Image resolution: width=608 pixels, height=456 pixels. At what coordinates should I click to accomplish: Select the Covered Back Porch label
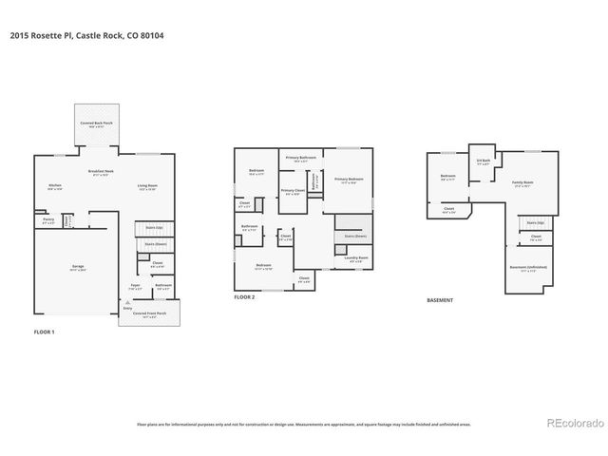pyautogui.click(x=96, y=124)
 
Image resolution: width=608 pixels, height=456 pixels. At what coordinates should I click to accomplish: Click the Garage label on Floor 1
pyautogui.click(x=78, y=268)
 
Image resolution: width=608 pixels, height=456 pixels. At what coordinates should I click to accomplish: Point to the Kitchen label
pyautogui.click(x=55, y=185)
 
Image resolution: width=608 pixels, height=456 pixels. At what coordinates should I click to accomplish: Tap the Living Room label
pyautogui.click(x=147, y=185)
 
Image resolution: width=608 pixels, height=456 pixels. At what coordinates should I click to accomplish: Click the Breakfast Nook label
pyautogui.click(x=101, y=172)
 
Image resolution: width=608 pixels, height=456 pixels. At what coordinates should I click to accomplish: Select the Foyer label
pyautogui.click(x=135, y=285)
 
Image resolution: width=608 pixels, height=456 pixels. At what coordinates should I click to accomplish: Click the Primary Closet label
pyautogui.click(x=293, y=191)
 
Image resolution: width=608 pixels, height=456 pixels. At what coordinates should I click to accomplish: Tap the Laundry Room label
pyautogui.click(x=357, y=257)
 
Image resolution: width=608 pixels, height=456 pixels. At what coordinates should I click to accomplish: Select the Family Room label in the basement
pyautogui.click(x=522, y=182)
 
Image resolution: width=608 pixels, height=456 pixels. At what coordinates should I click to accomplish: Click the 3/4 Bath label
pyautogui.click(x=484, y=161)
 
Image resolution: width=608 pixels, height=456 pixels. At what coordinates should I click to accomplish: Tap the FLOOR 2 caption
pyautogui.click(x=245, y=297)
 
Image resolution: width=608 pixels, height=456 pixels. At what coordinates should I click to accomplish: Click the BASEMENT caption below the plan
pyautogui.click(x=440, y=300)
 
